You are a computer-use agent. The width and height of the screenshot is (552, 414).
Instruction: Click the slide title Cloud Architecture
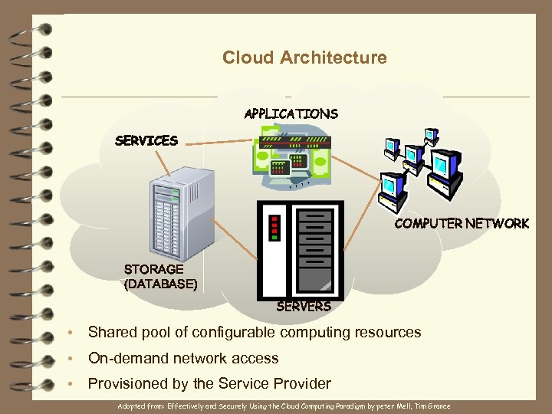[304, 58]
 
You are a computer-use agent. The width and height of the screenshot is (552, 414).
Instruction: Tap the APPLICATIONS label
[291, 113]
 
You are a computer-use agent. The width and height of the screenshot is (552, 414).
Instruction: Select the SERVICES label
[146, 140]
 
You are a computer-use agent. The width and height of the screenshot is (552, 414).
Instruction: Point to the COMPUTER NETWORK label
[461, 223]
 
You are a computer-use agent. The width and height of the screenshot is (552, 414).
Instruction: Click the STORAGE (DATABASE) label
[160, 277]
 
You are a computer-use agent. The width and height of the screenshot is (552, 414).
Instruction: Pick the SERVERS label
[303, 307]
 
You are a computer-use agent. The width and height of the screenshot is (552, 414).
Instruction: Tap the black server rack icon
[301, 250]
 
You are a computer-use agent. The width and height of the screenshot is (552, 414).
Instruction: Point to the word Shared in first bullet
[111, 333]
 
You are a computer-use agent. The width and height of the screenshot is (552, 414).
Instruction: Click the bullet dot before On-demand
[70, 359]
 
